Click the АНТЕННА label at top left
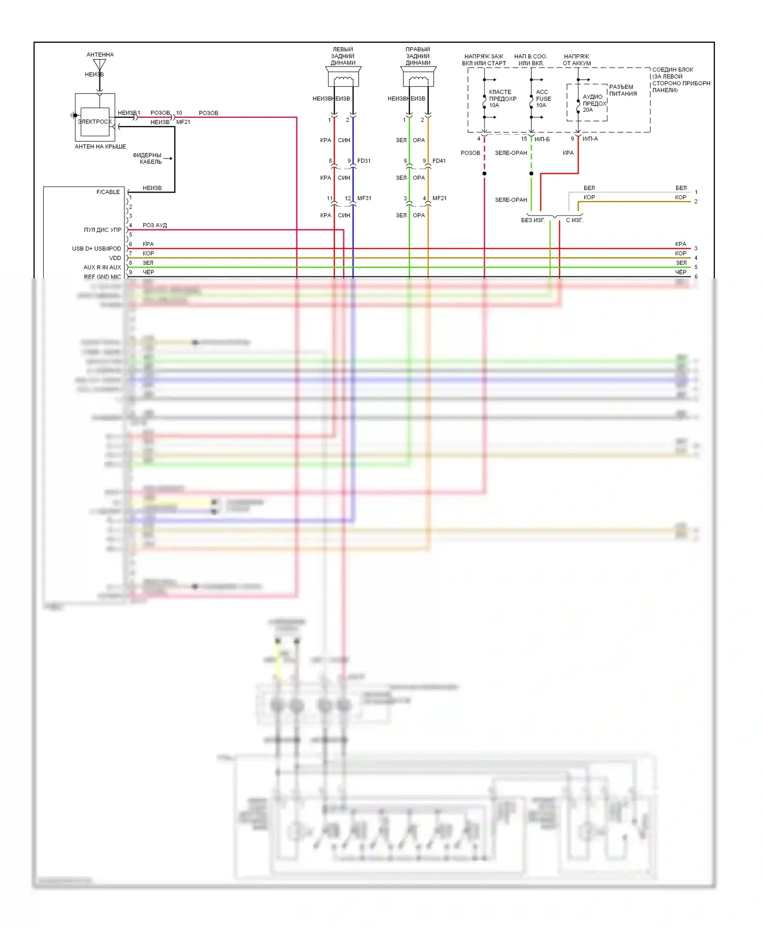100,54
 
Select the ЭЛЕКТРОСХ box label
94,122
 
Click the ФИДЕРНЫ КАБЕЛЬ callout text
147,159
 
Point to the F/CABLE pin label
108,192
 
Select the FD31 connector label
364,161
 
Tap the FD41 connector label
439,161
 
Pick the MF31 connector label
364,199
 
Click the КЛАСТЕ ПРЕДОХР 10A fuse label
502,99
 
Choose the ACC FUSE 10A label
543,99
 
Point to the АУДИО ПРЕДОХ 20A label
594,103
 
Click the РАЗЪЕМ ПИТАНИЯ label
623,90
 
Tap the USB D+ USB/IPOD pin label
97,249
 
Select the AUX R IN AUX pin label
102,267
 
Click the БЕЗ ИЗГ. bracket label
533,220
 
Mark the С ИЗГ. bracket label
575,220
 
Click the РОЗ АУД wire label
154,225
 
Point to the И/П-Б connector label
542,139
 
